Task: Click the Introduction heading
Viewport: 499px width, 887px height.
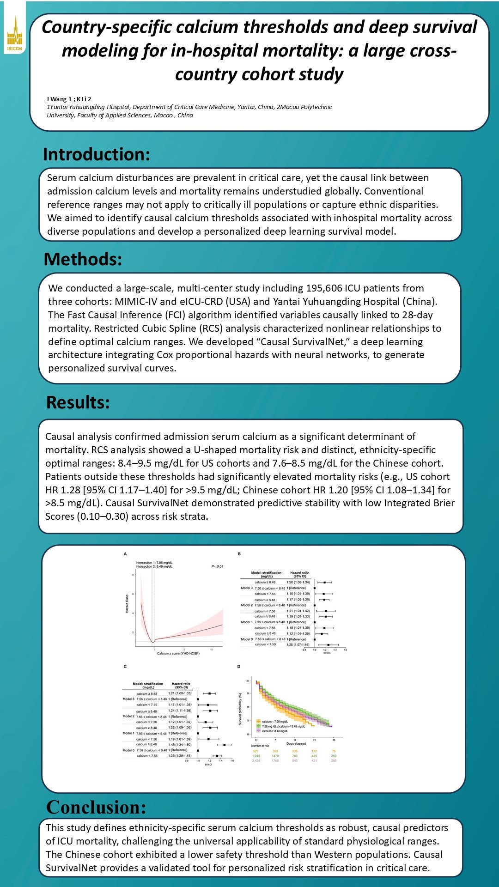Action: pos(97,154)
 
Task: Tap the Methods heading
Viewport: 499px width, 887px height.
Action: pos(83,259)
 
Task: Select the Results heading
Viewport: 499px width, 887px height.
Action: pos(78,402)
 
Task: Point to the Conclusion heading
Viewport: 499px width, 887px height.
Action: pos(96,807)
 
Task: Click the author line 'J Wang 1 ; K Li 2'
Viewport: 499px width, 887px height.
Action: pos(69,99)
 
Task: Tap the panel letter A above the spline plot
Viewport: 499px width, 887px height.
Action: pos(125,553)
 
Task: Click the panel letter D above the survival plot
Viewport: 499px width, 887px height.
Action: pos(239,667)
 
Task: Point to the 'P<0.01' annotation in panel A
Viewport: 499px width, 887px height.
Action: pos(217,566)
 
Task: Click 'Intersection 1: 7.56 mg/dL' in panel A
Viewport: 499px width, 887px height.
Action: pos(154,563)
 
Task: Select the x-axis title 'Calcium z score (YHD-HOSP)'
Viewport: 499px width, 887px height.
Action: pos(178,653)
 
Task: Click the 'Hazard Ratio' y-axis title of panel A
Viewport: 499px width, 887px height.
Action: pos(127,604)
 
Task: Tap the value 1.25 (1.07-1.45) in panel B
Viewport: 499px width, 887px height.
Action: pos(298,644)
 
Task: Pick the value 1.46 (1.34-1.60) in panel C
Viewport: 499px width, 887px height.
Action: pos(180,744)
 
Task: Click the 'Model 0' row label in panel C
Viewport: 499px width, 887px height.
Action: pos(128,750)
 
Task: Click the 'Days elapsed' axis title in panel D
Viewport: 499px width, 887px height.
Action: pos(296,744)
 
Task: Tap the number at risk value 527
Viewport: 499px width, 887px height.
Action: pos(256,751)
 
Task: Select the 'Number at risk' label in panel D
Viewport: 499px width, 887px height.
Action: pos(260,746)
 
